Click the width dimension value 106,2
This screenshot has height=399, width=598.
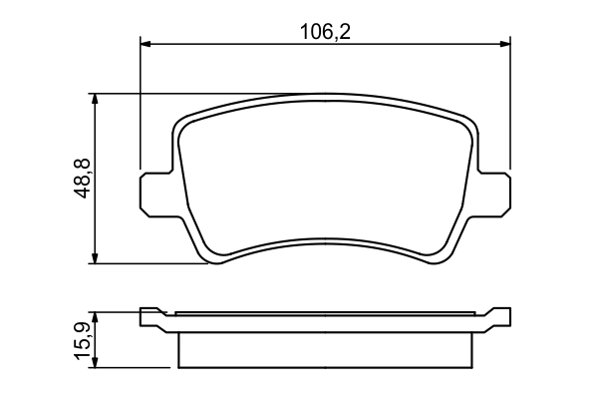[x=326, y=30]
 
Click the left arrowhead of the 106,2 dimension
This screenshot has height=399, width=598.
[x=146, y=43]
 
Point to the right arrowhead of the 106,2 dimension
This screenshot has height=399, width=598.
[x=503, y=43]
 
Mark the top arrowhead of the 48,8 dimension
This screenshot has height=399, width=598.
[x=96, y=100]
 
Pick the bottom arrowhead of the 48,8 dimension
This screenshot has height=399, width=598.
[x=96, y=258]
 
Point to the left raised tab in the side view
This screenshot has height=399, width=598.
[x=151, y=318]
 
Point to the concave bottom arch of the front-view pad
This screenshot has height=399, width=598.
[x=324, y=239]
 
